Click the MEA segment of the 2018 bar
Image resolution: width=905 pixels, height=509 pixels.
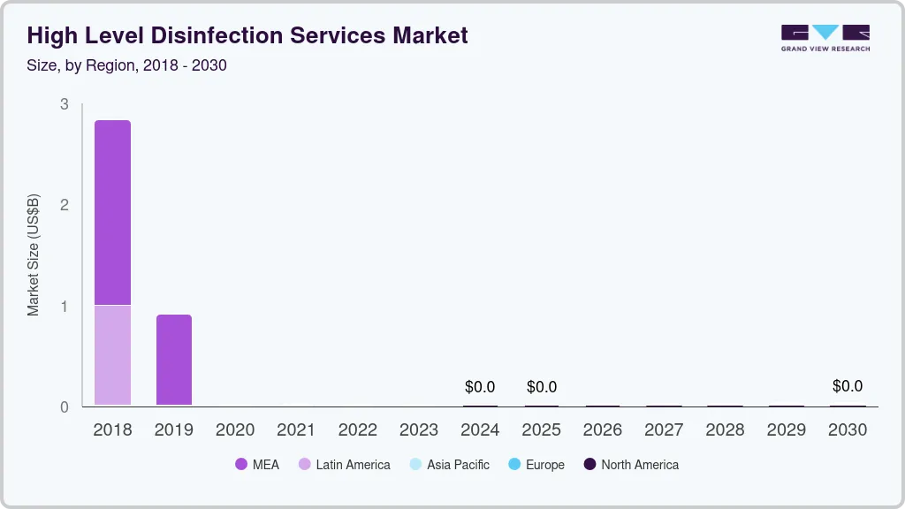(x=112, y=212)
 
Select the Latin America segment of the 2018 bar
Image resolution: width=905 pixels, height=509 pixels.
(x=112, y=354)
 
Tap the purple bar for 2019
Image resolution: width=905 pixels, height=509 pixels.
(x=174, y=360)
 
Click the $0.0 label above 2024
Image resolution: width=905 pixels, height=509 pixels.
(x=480, y=387)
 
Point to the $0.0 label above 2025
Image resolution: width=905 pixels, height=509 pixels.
(x=542, y=387)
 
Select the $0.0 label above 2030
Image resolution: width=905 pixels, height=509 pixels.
(x=848, y=386)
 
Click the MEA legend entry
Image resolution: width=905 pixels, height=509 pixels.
(x=257, y=465)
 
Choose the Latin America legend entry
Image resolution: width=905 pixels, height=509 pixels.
(x=344, y=465)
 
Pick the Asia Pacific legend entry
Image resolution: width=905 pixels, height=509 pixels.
(x=449, y=465)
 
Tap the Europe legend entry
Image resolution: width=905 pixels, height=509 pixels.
(x=536, y=465)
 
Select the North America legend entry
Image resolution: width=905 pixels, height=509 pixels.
(x=631, y=465)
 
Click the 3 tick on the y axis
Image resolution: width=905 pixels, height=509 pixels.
(x=64, y=104)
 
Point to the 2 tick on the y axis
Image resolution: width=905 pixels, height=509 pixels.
(x=64, y=205)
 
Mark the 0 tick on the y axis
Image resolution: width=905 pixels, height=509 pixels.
(x=64, y=407)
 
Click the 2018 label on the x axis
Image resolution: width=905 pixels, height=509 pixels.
(x=112, y=430)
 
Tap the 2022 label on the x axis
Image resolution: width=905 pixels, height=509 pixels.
(x=358, y=430)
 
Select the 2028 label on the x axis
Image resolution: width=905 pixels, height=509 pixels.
(x=726, y=430)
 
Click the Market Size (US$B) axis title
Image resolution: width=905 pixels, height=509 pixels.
(x=34, y=254)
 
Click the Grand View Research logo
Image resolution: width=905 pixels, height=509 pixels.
(x=825, y=37)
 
